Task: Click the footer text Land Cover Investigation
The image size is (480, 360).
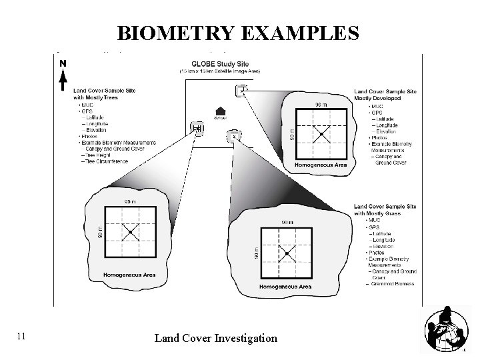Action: pyautogui.click(x=215, y=338)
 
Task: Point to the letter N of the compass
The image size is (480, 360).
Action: pyautogui.click(x=62, y=63)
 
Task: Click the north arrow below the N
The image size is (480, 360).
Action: pyautogui.click(x=62, y=80)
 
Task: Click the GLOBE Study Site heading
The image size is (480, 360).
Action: pyautogui.click(x=219, y=63)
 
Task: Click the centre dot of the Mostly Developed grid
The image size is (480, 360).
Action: pyautogui.click(x=321, y=135)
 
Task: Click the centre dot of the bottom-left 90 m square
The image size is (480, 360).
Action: pyautogui.click(x=130, y=231)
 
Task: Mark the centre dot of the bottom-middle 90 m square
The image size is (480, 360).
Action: pyautogui.click(x=286, y=254)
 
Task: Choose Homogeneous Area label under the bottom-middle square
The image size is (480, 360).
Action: pyautogui.click(x=285, y=287)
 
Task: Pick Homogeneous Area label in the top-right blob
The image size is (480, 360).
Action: pyautogui.click(x=320, y=165)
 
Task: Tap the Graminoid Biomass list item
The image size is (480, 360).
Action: pyautogui.click(x=391, y=283)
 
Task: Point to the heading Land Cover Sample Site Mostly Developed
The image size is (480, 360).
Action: pyautogui.click(x=385, y=94)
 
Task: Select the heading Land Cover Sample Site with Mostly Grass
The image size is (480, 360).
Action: pyautogui.click(x=385, y=210)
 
